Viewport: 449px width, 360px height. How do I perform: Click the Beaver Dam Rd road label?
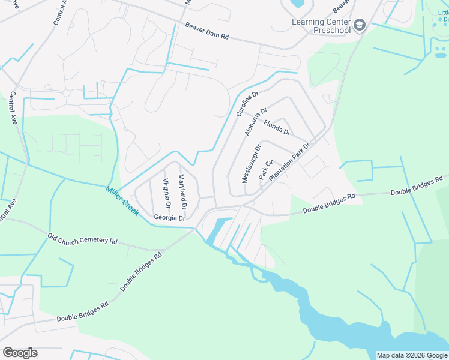pyautogui.click(x=207, y=31)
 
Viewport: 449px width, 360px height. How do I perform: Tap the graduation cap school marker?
pyautogui.click(x=360, y=25)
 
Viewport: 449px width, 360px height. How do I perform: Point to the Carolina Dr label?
pyautogui.click(x=247, y=104)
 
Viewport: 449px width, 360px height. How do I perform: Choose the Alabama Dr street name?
pyautogui.click(x=256, y=122)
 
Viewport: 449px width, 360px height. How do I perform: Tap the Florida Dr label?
pyautogui.click(x=277, y=127)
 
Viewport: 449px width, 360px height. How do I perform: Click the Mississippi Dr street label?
pyautogui.click(x=252, y=163)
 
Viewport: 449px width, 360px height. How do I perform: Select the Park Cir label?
pyautogui.click(x=265, y=169)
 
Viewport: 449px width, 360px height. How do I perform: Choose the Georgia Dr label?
pyautogui.click(x=170, y=218)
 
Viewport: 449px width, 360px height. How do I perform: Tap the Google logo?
pyautogui.click(x=20, y=353)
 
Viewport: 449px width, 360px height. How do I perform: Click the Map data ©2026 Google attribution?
pyautogui.click(x=412, y=355)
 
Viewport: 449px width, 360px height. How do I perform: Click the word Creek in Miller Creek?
pyautogui.click(x=129, y=204)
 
